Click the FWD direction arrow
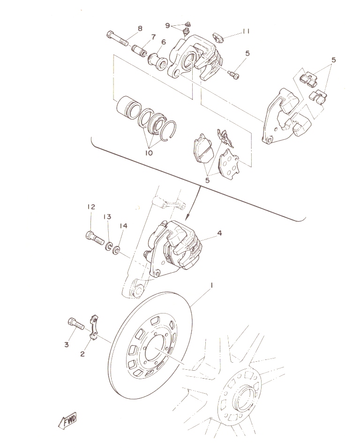click(x=67, y=420)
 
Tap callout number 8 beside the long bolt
click(x=140, y=29)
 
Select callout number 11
click(x=246, y=31)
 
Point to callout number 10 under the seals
click(x=149, y=153)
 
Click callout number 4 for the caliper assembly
click(x=219, y=233)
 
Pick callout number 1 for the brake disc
click(x=212, y=285)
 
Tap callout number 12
click(x=91, y=207)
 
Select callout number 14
click(x=123, y=226)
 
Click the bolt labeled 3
click(x=76, y=324)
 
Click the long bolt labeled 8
click(x=118, y=39)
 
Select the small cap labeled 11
click(x=218, y=37)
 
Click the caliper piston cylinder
click(x=128, y=107)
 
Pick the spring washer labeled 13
click(x=109, y=246)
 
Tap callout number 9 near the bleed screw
click(x=168, y=25)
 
